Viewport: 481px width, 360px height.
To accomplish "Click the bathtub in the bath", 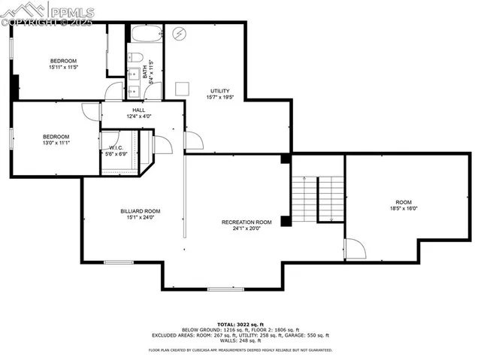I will (x=145, y=35).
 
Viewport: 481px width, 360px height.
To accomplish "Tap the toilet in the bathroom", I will (x=136, y=58).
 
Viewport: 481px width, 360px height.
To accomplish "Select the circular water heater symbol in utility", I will (x=180, y=34).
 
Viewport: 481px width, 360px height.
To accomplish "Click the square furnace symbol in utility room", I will (x=181, y=88).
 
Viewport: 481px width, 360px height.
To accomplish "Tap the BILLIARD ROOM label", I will (x=140, y=211).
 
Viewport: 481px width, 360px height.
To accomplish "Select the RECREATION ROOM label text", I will (x=247, y=222).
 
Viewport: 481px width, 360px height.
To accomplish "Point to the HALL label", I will (x=139, y=110).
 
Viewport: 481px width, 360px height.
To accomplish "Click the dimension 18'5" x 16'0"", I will (x=404, y=208).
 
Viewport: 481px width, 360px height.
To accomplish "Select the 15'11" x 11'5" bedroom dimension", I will (x=63, y=67).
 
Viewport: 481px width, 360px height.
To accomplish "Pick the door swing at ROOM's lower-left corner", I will (x=355, y=250).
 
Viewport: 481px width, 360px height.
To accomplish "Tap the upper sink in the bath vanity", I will (x=132, y=74).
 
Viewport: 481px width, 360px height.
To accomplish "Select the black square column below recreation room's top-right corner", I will (x=286, y=222).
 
